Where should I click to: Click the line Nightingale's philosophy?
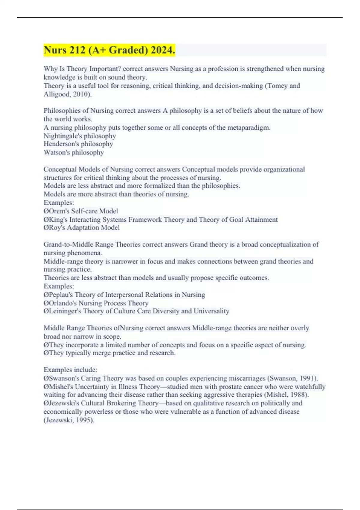click(x=79, y=136)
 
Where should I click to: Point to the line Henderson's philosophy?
click(x=78, y=144)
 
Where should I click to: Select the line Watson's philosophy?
click(x=74, y=152)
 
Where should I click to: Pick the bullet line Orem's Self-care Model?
click(x=81, y=211)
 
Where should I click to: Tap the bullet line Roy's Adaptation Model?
click(x=82, y=227)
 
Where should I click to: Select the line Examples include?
click(x=70, y=370)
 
